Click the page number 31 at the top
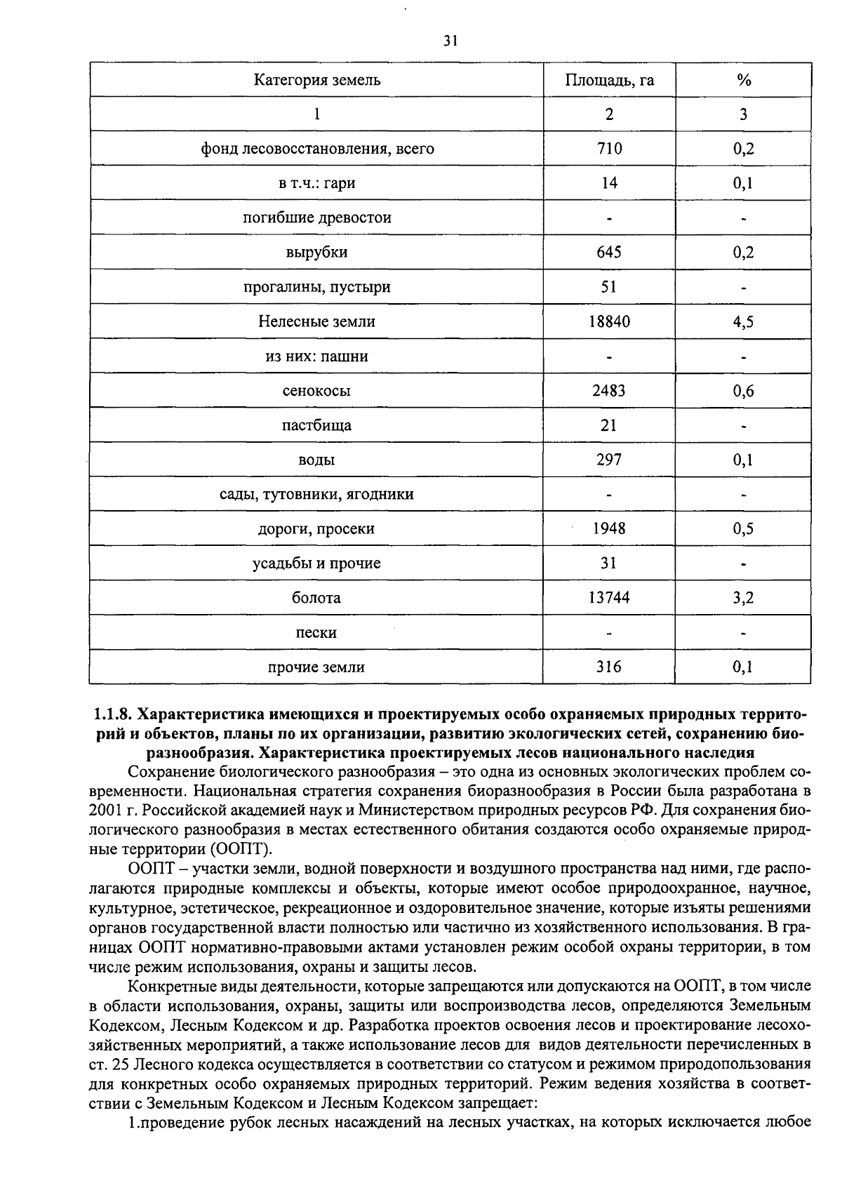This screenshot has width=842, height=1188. (x=451, y=41)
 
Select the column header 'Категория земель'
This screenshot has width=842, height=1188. (x=316, y=80)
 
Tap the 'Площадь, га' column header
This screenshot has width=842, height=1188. (x=609, y=80)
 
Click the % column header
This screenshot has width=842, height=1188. (x=744, y=80)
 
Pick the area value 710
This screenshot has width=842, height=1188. (x=609, y=149)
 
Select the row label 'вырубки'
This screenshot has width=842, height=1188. (x=316, y=253)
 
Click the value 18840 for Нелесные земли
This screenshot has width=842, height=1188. (x=609, y=321)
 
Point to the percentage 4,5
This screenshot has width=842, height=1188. (x=744, y=321)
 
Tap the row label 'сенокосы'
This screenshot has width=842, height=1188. (x=316, y=391)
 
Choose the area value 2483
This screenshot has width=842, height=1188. (x=609, y=391)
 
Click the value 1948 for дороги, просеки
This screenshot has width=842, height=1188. (x=609, y=529)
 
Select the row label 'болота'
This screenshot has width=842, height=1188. (x=316, y=598)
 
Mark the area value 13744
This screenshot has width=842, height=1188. (x=609, y=598)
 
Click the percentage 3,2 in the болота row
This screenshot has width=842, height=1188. (x=744, y=598)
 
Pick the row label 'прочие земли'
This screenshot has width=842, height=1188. (x=316, y=667)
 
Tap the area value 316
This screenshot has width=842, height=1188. (x=609, y=667)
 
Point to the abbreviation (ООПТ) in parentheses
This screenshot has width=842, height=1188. (x=239, y=849)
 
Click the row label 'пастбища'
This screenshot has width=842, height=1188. (x=316, y=425)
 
